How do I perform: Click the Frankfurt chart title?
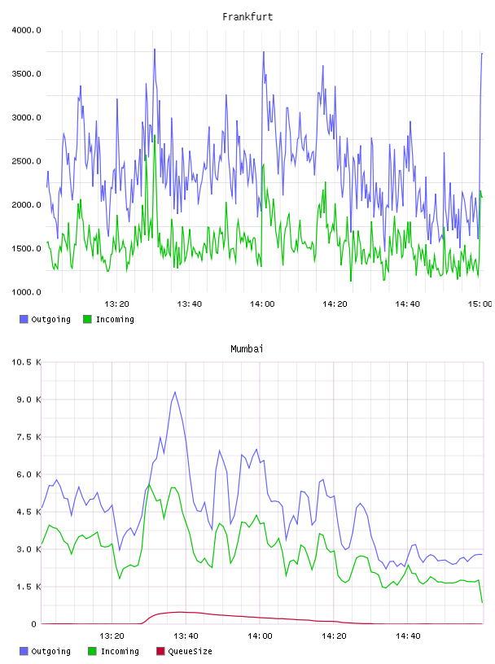(x=247, y=17)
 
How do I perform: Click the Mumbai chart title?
(x=247, y=349)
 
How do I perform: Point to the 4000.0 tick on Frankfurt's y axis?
(x=26, y=30)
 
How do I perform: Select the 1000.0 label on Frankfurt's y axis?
(x=26, y=292)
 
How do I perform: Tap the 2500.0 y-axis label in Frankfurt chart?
(x=26, y=161)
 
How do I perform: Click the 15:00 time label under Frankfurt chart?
(x=480, y=304)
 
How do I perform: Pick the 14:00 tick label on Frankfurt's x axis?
(x=262, y=304)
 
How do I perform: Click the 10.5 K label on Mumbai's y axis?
(x=26, y=362)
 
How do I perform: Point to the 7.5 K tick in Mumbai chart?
(x=28, y=437)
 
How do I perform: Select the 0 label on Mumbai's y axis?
(x=34, y=624)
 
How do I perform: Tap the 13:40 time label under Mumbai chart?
(x=186, y=636)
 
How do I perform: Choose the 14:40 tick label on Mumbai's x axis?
(x=408, y=636)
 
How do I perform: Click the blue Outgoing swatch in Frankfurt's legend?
(x=24, y=319)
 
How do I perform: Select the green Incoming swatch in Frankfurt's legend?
(x=87, y=319)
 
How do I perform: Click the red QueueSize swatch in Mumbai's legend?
(x=160, y=651)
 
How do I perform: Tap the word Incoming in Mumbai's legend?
(x=120, y=652)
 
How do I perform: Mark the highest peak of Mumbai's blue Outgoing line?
(x=175, y=392)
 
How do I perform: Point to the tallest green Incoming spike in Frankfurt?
(x=155, y=135)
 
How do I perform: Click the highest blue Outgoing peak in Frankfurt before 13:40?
(x=155, y=49)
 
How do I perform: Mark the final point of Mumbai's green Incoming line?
(x=482, y=602)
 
